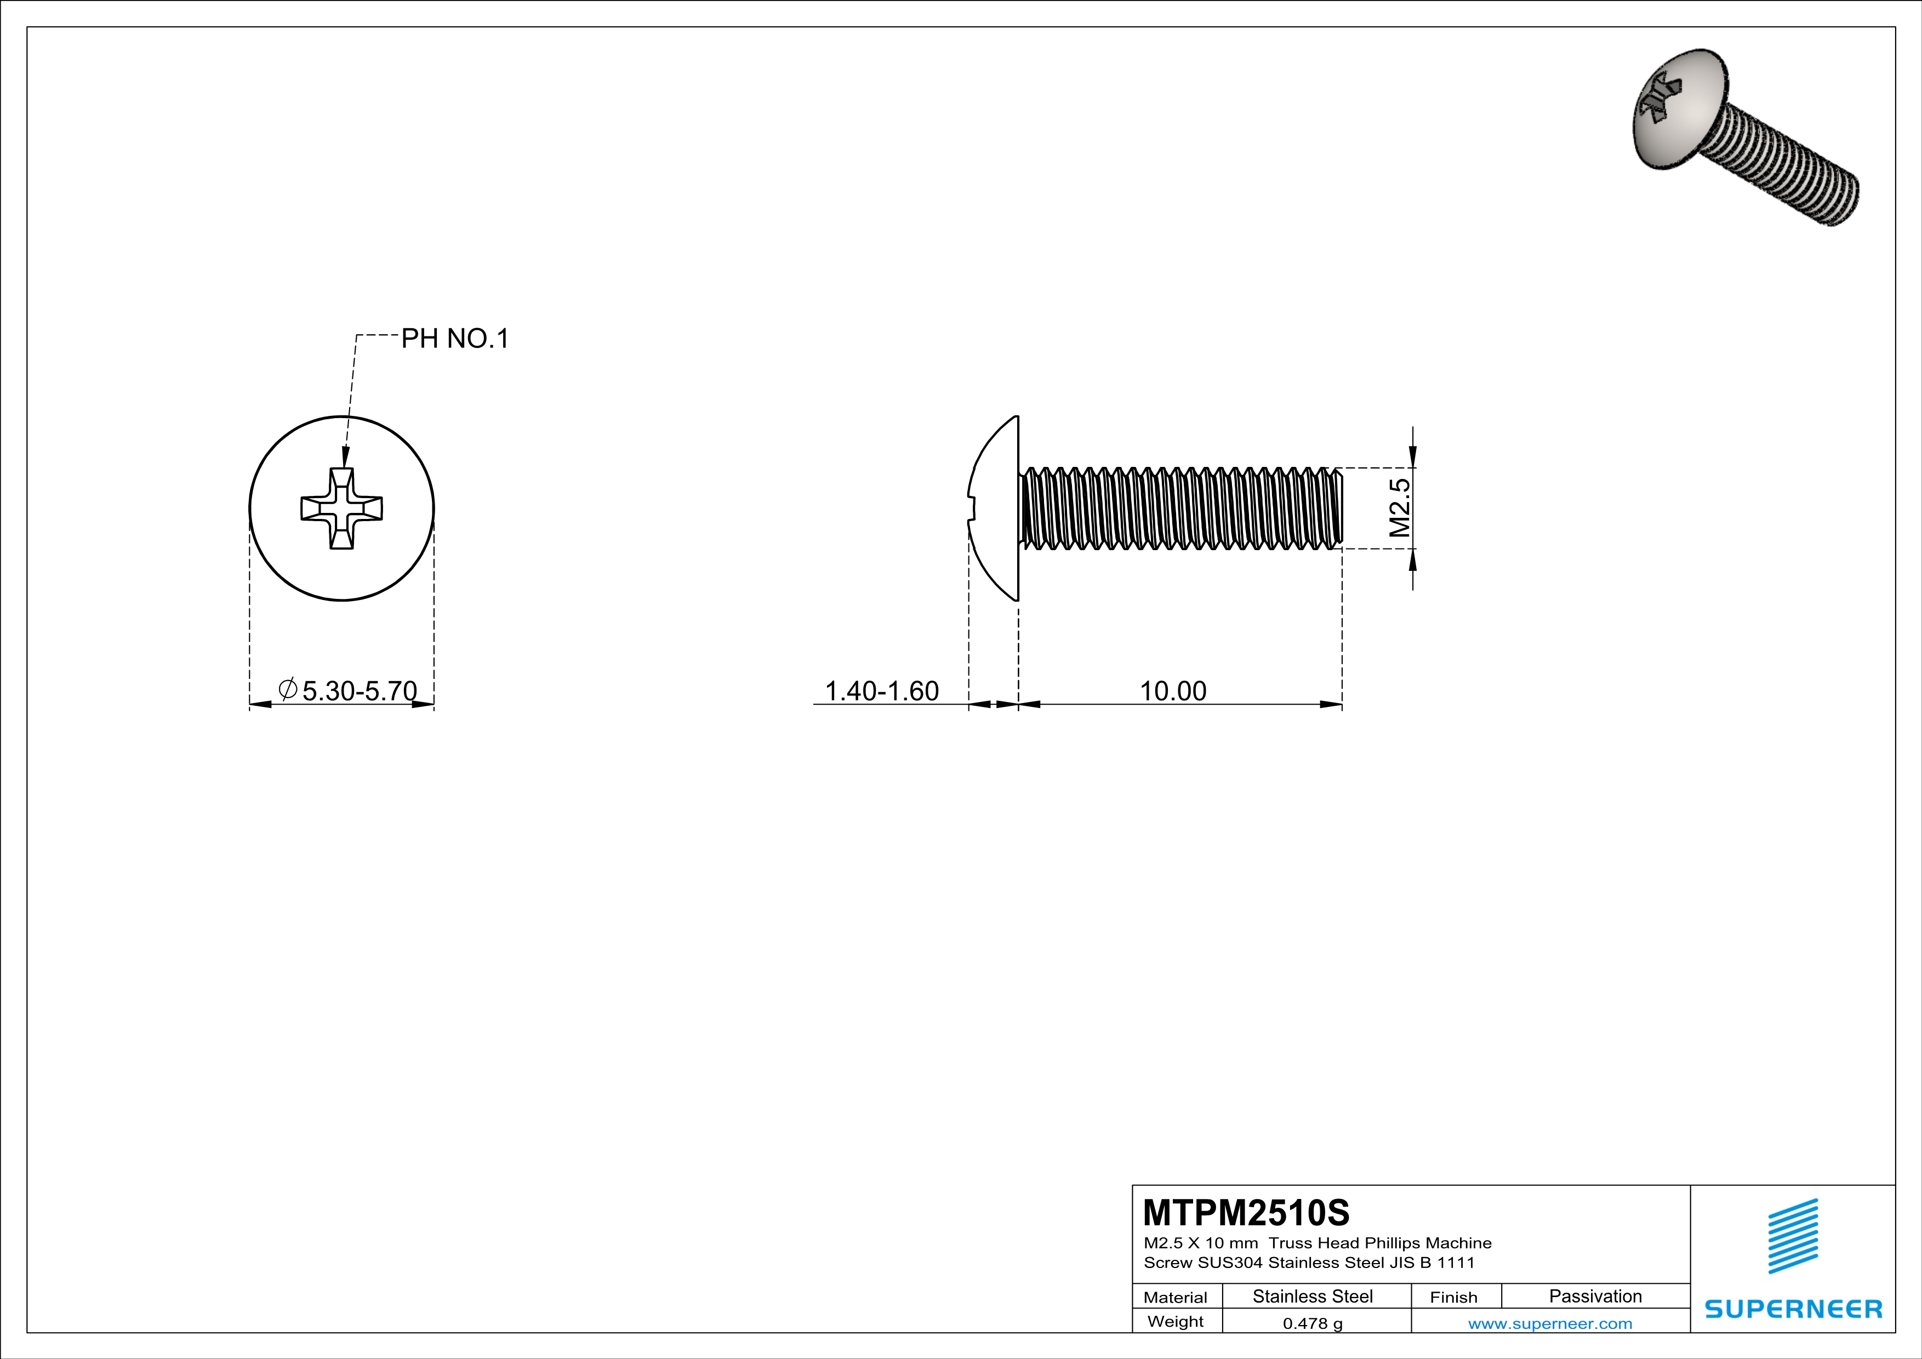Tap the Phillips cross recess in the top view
341,508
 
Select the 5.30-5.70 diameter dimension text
359,691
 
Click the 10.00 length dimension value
1173,691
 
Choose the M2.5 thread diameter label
1400,508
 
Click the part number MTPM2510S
1246,1213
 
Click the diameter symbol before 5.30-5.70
287,689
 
